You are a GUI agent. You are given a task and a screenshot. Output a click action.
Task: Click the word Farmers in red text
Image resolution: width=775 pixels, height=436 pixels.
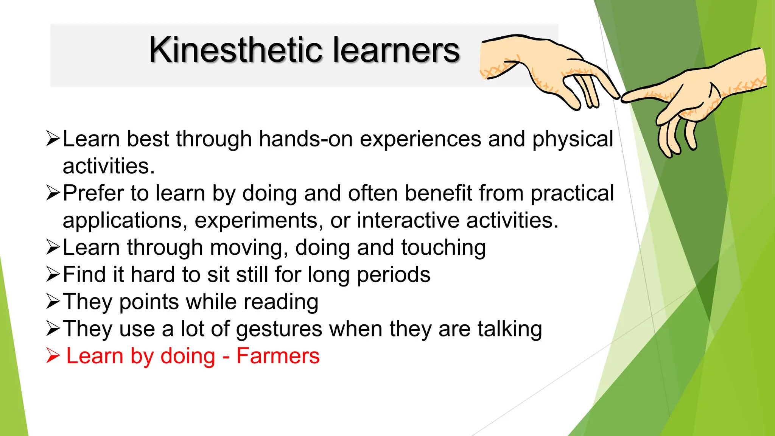(278, 356)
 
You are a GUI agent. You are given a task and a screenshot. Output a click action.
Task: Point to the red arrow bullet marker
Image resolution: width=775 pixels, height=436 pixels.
(53, 356)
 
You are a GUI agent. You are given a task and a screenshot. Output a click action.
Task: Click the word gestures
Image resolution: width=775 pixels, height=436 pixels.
(279, 329)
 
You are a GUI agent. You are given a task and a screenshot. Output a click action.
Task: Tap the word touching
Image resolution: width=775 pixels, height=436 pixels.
(444, 248)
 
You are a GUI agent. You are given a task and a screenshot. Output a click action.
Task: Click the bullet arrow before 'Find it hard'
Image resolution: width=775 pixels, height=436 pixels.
(53, 274)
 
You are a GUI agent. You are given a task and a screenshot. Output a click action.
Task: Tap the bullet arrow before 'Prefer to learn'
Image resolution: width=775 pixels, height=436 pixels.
(53, 193)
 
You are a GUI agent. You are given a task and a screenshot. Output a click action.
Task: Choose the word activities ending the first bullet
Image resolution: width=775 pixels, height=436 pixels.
(108, 166)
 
